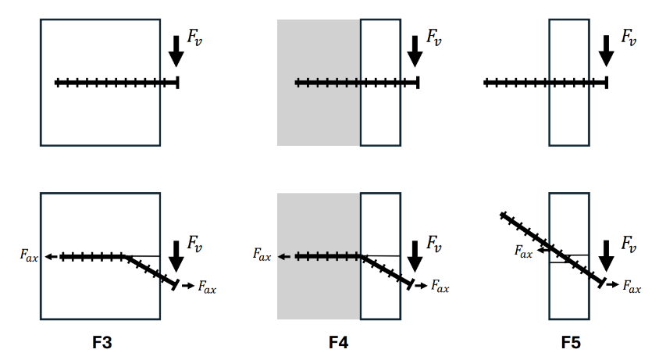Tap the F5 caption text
point(571,343)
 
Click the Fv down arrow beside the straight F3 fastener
point(176,51)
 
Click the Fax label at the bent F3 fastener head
point(206,288)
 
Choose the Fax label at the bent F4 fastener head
point(440,288)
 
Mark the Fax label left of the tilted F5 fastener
point(522,251)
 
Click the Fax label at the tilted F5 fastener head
point(632,288)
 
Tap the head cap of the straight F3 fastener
point(178,82)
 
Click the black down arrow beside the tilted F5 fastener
point(607,255)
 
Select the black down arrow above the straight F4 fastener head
point(415,51)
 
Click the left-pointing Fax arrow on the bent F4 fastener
point(284,256)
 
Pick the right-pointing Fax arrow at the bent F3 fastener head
point(187,287)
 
